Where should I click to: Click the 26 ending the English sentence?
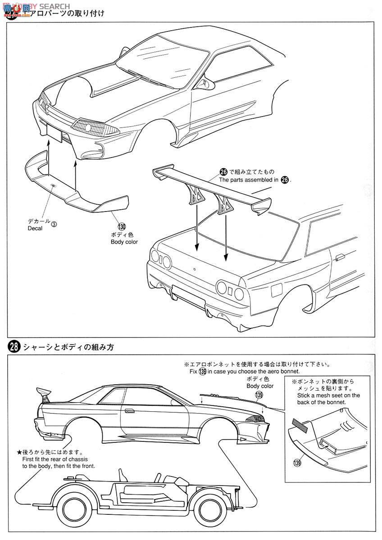(284, 180)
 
